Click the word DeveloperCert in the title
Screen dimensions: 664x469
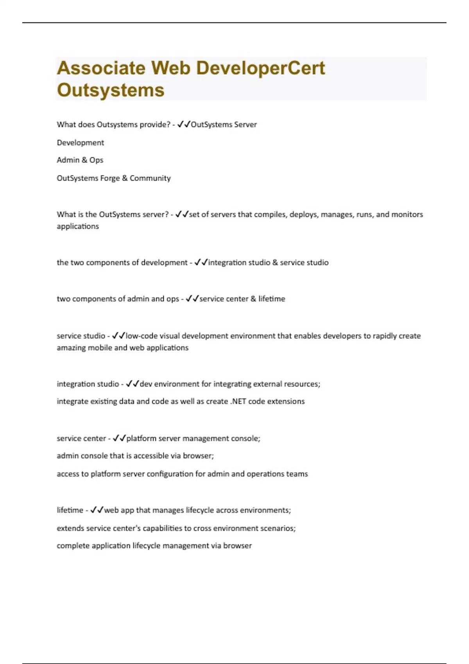[x=260, y=68]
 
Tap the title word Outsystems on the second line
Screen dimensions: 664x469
[x=111, y=90]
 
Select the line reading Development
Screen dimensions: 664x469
[x=81, y=143]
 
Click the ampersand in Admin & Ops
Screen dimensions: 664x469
[x=84, y=160]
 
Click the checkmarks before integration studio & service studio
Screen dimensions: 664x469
[x=201, y=262]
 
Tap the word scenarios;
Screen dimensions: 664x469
[x=278, y=528]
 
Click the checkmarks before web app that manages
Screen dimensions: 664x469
[x=97, y=510]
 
